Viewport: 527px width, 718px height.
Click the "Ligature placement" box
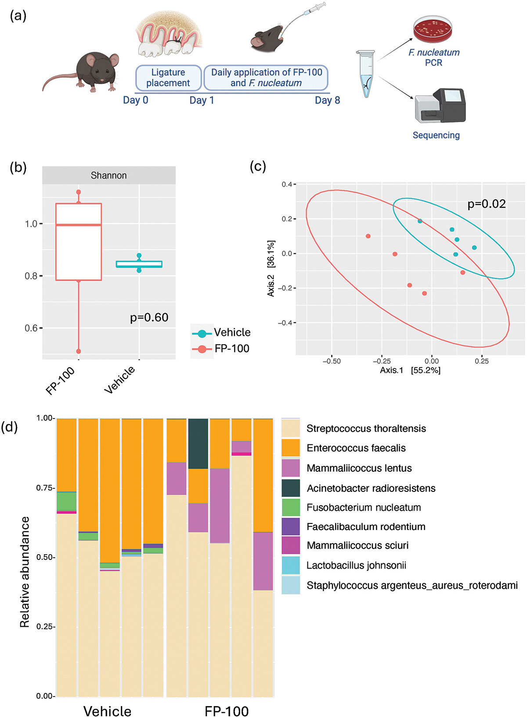pos(168,78)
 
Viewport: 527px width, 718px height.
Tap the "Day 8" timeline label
pos(327,100)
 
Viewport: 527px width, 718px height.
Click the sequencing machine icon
pos(440,106)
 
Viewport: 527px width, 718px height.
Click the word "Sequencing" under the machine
pos(436,135)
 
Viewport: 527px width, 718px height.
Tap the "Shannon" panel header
pos(108,176)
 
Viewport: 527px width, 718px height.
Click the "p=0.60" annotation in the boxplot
pos(149,318)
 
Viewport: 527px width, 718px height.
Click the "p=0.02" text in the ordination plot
pos(486,204)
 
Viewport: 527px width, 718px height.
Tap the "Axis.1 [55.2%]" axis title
pos(410,370)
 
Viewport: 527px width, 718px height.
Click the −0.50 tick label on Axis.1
pos(331,361)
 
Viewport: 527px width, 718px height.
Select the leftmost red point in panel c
pos(368,236)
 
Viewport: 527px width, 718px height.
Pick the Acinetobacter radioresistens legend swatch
pos(291,488)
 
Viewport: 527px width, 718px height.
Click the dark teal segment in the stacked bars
pos(198,444)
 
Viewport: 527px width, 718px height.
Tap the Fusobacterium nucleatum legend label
pos(364,508)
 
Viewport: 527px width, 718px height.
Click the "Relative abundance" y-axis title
pos(25,572)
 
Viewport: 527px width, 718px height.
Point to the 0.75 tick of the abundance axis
pos(46,488)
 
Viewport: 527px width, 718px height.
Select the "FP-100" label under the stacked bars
pos(227,711)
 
